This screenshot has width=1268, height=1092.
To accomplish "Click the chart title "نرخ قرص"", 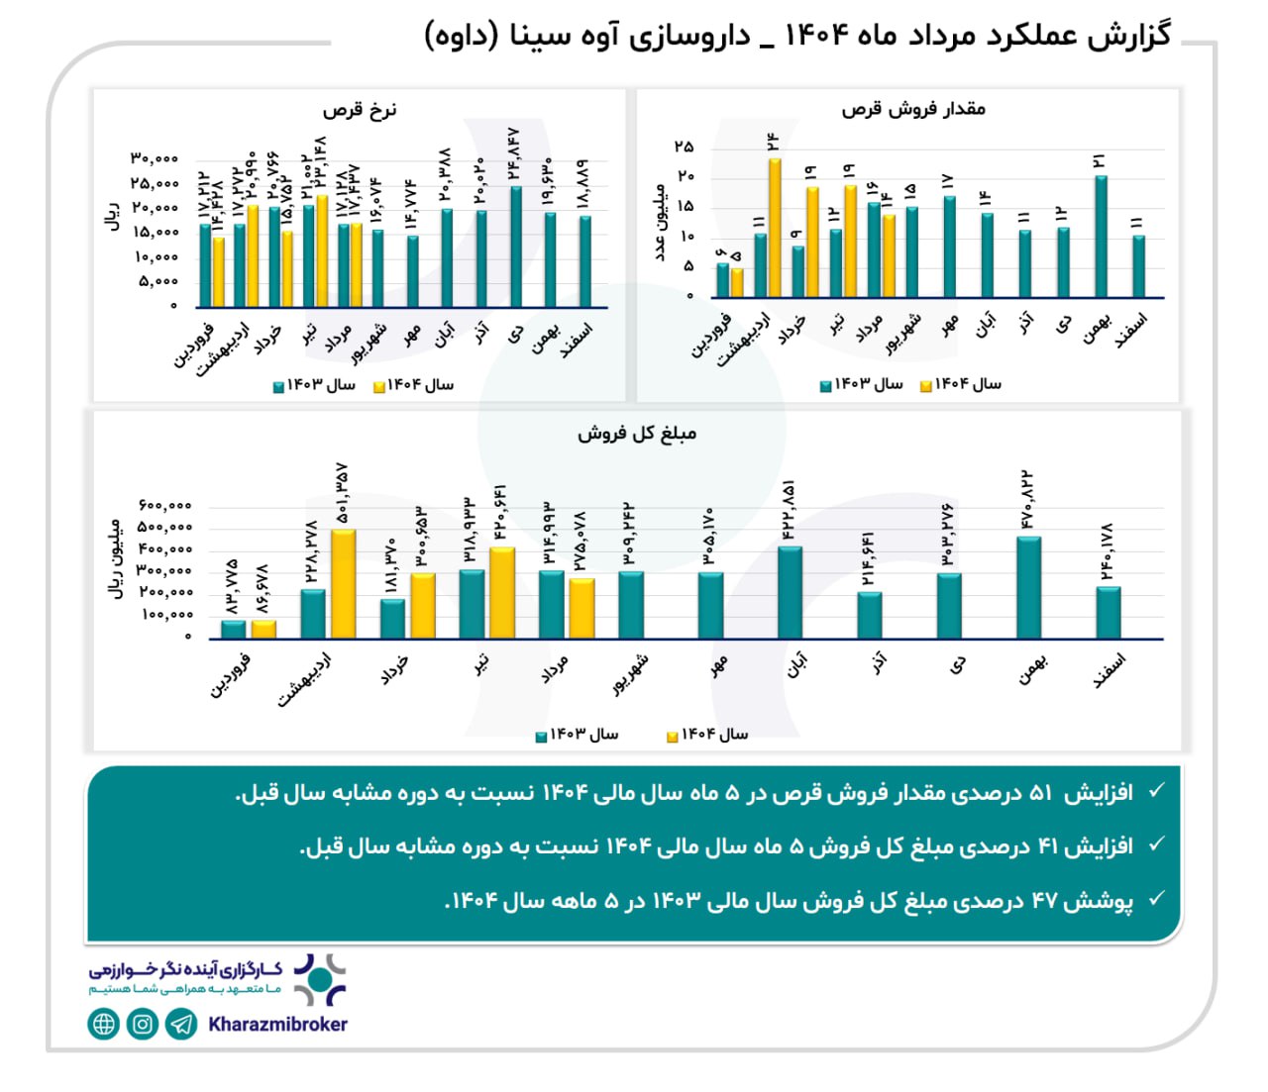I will pos(359,110).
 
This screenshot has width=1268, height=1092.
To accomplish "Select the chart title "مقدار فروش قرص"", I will pos(912,109).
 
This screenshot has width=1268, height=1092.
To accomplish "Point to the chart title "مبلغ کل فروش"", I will pos(637,434).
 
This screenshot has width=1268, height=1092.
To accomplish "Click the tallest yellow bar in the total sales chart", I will pos(343,584).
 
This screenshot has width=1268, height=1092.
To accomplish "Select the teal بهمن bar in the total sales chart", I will pos(1028,588).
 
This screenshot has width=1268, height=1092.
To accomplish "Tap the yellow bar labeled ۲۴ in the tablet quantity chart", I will pos(775,228).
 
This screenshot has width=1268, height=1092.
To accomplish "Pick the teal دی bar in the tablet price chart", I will pos(516,247).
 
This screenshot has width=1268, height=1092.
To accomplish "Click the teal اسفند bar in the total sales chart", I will pos(1108,613).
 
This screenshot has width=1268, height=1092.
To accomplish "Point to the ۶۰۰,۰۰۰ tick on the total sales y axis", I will pos(164,506).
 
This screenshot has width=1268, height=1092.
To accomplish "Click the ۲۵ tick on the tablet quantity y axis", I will pos(684,148).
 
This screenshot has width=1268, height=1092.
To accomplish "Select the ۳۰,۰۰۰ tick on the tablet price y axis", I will pos(155,158).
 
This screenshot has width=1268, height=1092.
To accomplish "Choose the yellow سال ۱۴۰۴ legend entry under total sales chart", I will pos(707,735).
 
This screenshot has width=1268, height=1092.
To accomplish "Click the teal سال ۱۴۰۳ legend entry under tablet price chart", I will pos(314,385).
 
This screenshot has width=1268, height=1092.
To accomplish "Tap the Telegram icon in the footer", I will pos(181,1024).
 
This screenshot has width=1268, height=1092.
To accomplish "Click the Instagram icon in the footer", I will pos(143,1024).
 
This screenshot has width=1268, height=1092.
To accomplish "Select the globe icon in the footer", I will pos(104,1024).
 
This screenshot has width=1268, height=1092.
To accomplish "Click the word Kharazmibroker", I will pos(277,1025).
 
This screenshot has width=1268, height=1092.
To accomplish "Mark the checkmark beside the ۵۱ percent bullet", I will pos(1154,791).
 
